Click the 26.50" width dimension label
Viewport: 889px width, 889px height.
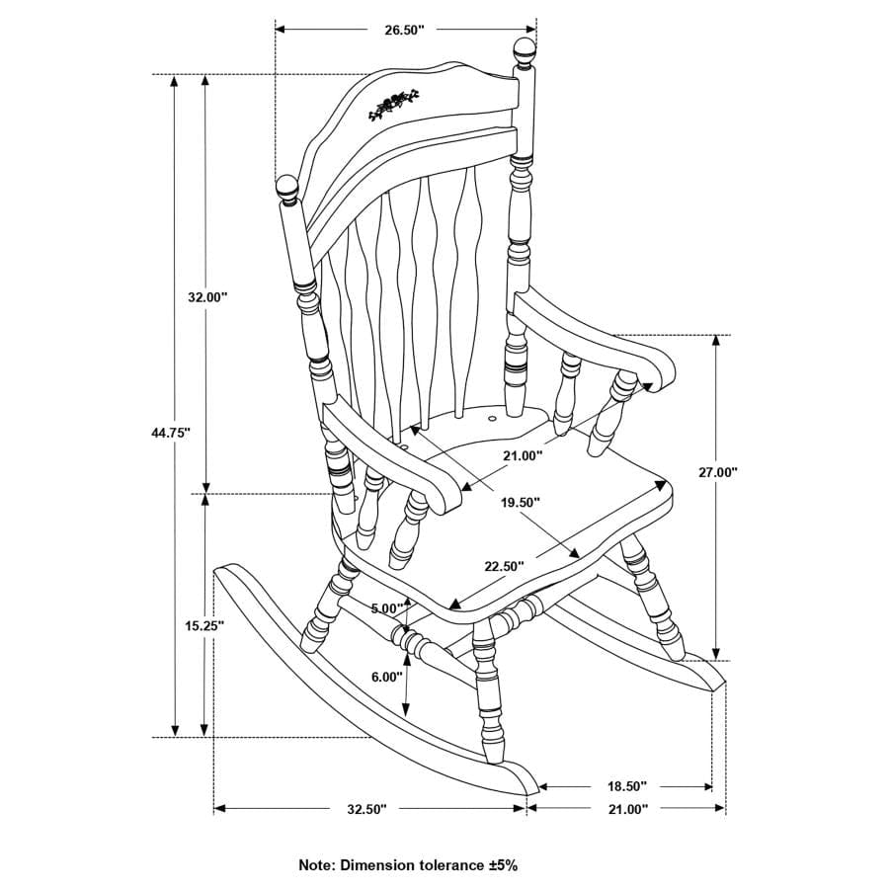point(404,30)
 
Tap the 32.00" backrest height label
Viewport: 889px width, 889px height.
point(207,296)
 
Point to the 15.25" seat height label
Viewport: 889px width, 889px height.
point(204,625)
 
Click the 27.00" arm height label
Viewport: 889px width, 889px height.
point(718,472)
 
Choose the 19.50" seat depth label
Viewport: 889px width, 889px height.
point(520,502)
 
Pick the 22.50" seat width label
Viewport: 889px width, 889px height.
point(504,566)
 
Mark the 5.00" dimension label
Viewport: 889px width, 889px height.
point(388,607)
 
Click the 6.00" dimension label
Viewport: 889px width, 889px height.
point(386,677)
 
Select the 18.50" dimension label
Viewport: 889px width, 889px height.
point(625,786)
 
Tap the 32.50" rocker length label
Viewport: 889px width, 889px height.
point(366,809)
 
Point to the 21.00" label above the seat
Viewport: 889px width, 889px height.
point(523,455)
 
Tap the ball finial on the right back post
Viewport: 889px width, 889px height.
point(524,51)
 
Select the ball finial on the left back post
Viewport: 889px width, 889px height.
point(287,188)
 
